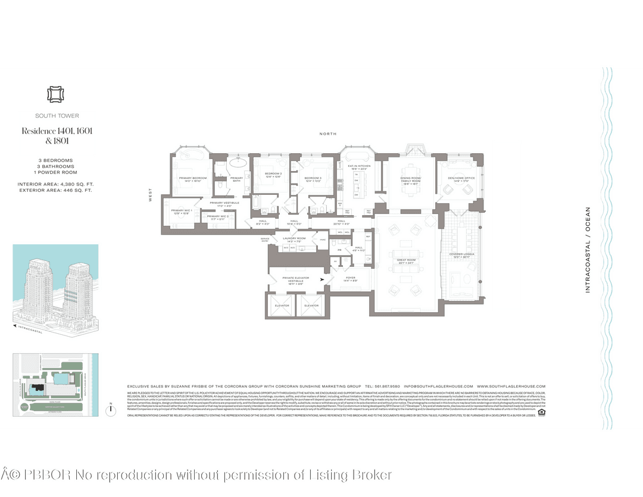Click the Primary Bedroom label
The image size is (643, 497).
click(x=192, y=178)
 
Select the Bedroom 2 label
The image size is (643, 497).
click(x=273, y=174)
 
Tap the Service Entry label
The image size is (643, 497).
click(x=265, y=240)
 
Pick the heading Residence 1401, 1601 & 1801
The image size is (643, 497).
click(x=57, y=136)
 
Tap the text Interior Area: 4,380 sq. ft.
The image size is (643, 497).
click(x=56, y=184)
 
